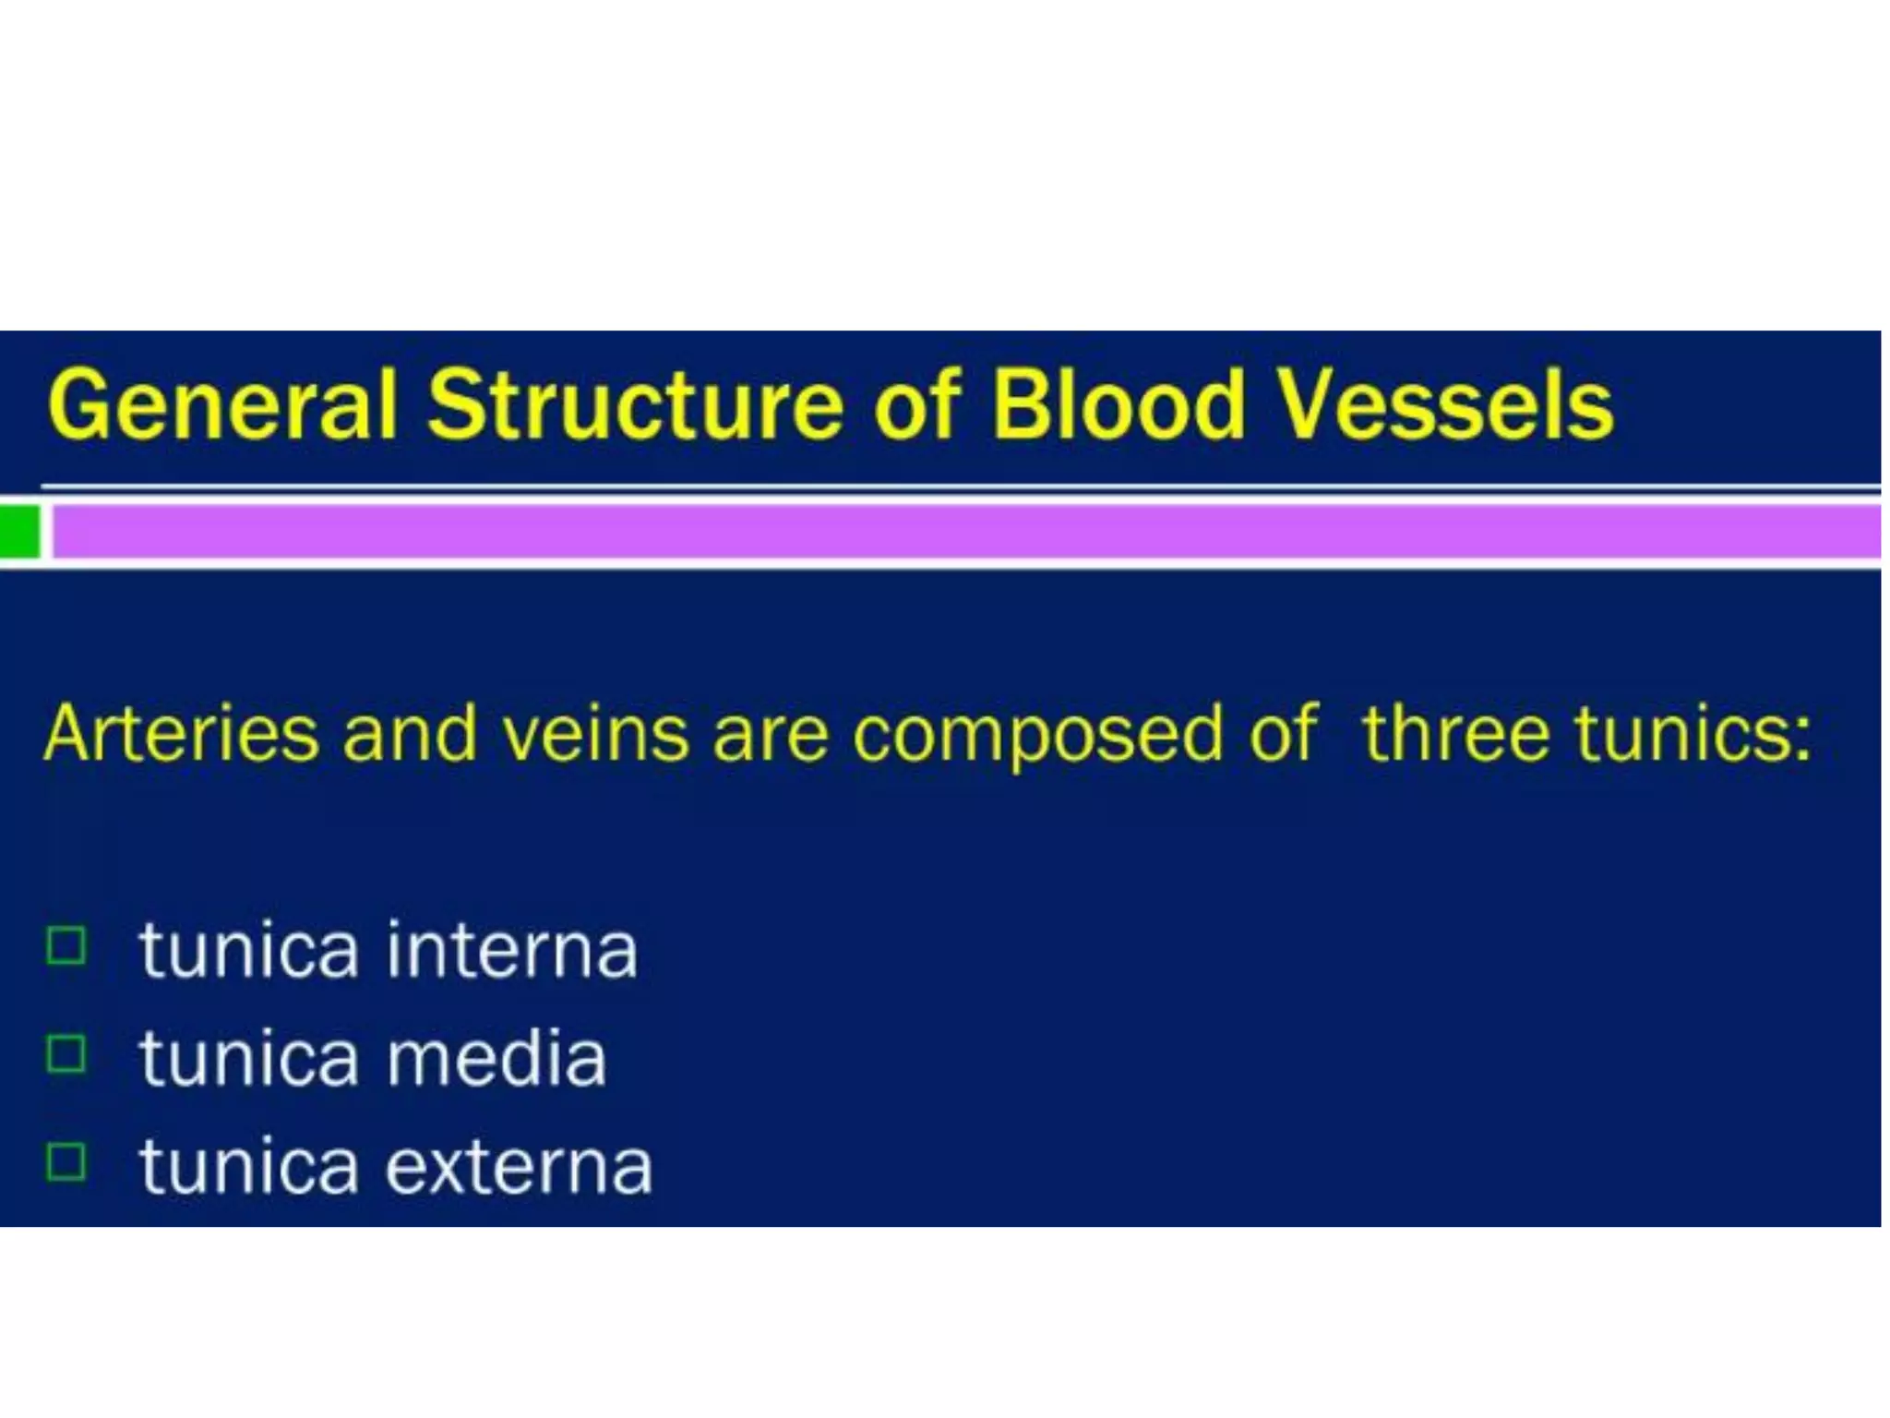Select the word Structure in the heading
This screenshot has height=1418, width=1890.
[x=635, y=405]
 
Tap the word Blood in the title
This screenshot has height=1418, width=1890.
[x=1118, y=405]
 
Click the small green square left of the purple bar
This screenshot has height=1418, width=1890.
[x=18, y=532]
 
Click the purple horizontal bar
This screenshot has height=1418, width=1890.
[x=960, y=533]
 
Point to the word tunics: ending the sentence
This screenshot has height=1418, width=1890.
[x=1693, y=735]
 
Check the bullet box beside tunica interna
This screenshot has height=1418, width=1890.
[x=66, y=945]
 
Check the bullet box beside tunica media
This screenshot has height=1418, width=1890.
[x=66, y=1053]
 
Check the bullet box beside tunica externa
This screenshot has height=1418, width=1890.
[x=66, y=1162]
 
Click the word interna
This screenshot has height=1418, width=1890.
[x=512, y=951]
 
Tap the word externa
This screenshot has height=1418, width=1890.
[x=519, y=1168]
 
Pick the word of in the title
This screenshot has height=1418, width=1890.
[x=916, y=405]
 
